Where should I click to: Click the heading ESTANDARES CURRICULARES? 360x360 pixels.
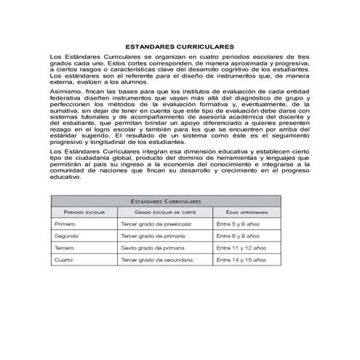pos(179,44)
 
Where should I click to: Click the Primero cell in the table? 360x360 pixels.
pos(65,225)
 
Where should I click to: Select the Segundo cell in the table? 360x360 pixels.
pos(66,236)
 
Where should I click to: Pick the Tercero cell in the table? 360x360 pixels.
pos(65,248)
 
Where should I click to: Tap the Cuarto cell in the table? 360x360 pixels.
pos(64,260)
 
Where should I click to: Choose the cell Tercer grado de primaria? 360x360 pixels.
pos(153,236)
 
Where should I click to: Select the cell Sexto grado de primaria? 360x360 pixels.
pos(153,248)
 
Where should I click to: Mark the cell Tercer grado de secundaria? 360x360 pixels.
pos(156,260)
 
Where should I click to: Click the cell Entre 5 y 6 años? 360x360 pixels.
pos(237,225)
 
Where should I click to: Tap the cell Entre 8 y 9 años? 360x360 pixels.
pos(237,236)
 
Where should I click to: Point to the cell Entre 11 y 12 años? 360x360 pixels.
pos(240,248)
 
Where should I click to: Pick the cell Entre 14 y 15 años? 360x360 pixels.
pos(240,260)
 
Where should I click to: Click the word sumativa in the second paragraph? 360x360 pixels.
pos(64,111)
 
